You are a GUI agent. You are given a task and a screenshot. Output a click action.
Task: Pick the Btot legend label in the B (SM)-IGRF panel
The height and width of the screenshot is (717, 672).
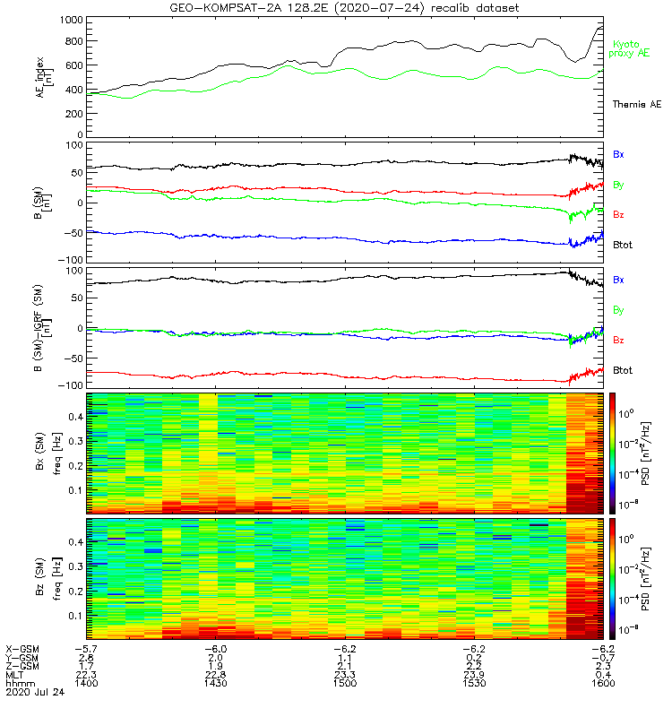pos(624,370)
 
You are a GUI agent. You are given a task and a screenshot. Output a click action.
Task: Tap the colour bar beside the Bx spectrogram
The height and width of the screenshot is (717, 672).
pos(615,453)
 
